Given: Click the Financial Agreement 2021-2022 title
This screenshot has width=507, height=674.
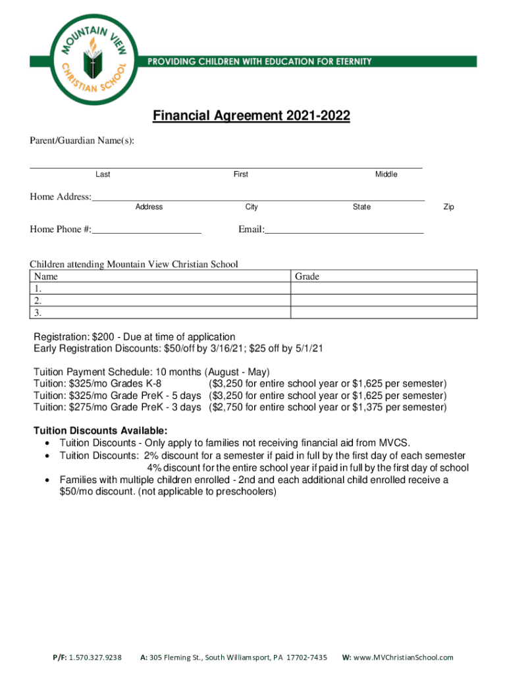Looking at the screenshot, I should point(252,117).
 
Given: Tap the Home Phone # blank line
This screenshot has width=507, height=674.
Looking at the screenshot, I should point(146,230).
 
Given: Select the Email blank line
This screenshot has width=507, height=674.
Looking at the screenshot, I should point(344,230).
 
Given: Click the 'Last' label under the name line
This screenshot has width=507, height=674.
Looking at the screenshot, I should point(103,174).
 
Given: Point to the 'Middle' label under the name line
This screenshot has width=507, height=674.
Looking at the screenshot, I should point(386,174).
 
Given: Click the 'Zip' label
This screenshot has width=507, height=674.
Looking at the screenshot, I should point(448,207).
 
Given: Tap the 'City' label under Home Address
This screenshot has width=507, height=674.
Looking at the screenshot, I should point(252,207).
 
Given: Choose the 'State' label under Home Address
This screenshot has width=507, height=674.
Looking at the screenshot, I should point(361,207).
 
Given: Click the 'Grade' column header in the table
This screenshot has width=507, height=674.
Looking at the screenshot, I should point(307,277).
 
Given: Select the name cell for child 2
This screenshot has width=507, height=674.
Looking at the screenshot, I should point(159,300).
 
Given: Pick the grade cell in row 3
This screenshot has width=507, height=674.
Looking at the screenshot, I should point(384,312).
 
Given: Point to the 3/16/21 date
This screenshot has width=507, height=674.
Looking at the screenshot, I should point(226,348).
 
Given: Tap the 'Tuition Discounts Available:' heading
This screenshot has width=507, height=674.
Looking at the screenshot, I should point(100,431).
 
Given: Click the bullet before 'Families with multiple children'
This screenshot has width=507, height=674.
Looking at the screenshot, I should point(48,480).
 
